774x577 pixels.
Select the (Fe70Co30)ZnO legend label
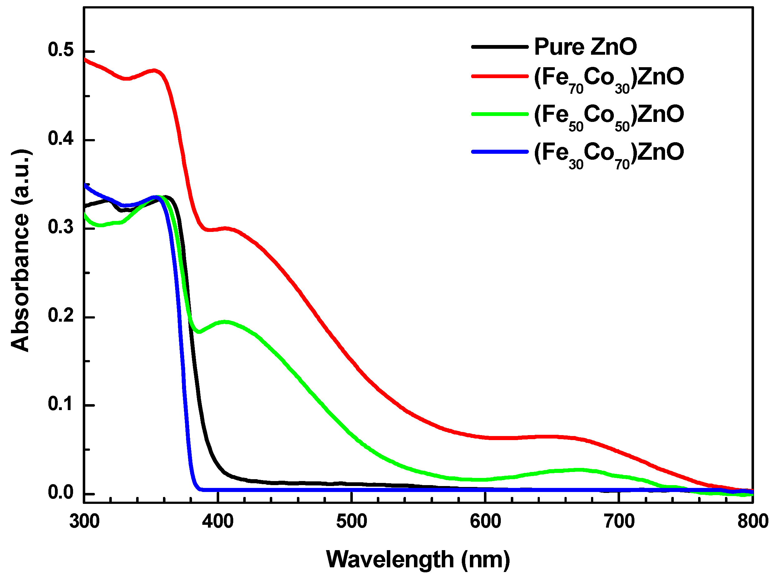coord(608,78)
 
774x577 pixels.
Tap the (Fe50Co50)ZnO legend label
coord(608,116)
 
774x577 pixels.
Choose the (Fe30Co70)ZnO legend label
coord(608,154)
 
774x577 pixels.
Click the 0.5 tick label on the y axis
coord(61,50)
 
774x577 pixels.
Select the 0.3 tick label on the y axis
coord(61,227)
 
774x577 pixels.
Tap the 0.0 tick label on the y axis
coord(61,493)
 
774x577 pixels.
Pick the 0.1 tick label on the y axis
coord(61,404)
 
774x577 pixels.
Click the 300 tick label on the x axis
coord(84,521)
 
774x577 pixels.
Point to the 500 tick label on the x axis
coord(351,521)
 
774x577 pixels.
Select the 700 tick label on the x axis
coord(619,521)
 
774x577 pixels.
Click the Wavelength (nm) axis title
coord(417,559)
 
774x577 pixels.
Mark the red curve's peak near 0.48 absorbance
coord(155,71)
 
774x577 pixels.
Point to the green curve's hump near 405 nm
coord(225,322)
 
